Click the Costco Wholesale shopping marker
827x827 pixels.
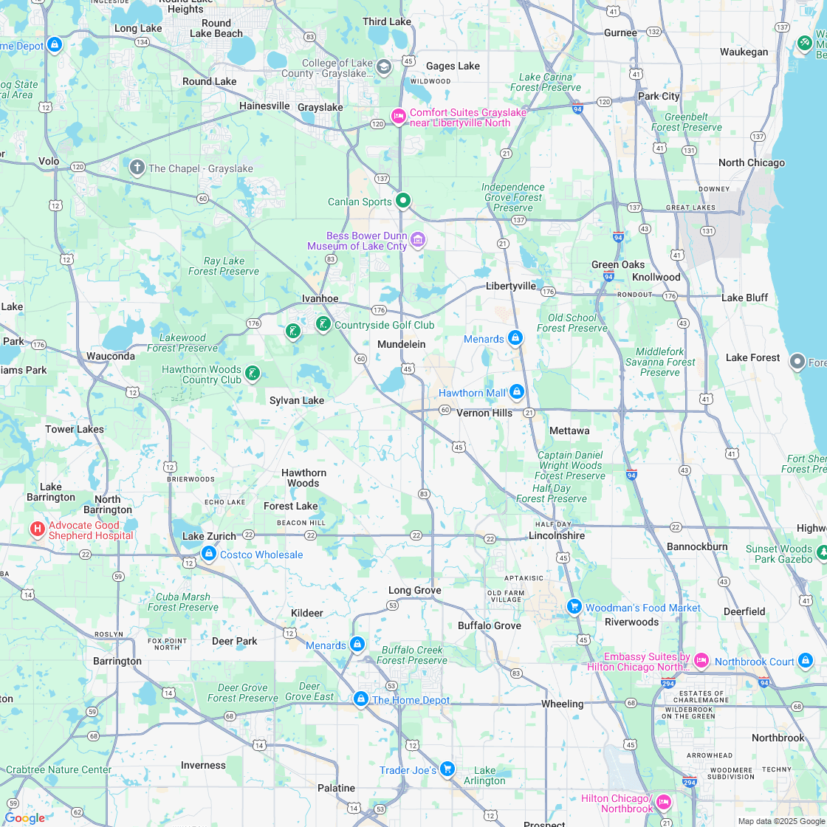(209, 553)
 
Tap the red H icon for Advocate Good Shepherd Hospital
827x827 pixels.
(37, 529)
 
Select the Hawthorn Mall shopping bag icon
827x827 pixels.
(517, 391)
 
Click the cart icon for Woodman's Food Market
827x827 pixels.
(574, 606)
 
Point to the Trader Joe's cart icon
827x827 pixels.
(447, 769)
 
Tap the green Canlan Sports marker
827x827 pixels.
(403, 200)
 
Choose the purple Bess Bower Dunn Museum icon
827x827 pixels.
(418, 239)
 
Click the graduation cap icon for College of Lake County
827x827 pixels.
(383, 67)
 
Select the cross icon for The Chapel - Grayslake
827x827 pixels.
(137, 168)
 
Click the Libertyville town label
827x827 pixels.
(510, 286)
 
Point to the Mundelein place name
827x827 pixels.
(401, 344)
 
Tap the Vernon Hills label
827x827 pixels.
(484, 413)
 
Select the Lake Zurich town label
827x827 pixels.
(209, 536)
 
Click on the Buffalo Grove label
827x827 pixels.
(489, 625)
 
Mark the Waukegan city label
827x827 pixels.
(744, 52)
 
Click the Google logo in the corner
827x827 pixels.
(24, 817)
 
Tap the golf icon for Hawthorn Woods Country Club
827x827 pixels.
(253, 374)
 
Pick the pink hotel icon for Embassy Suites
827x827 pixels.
(701, 660)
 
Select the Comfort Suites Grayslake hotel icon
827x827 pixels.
(398, 117)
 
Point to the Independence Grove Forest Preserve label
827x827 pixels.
(513, 197)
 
